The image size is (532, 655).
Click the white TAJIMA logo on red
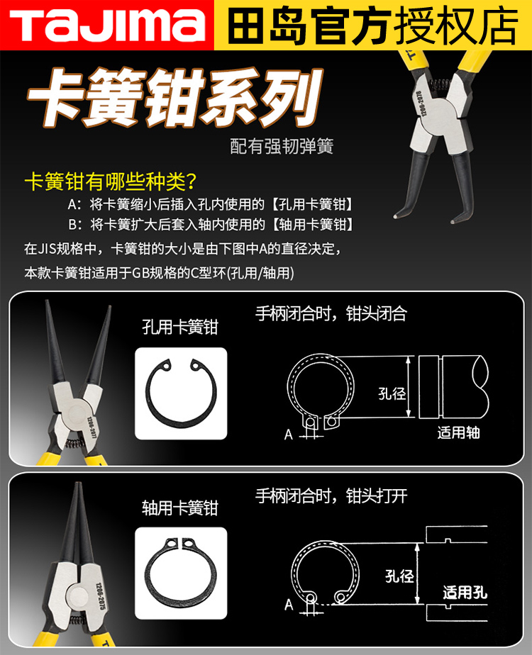point(107,25)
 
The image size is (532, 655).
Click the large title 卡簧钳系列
point(174,97)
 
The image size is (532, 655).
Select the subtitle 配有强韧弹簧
point(282,146)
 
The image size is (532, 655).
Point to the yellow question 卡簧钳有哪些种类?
point(110,181)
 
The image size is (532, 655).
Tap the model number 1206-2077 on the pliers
point(92,427)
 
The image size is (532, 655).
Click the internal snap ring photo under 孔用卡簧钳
point(181,393)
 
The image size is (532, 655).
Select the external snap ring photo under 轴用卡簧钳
point(181,572)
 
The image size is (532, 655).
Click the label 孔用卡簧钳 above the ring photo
point(180,327)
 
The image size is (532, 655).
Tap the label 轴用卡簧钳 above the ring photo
point(180,508)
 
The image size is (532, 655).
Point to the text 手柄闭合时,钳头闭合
point(331,313)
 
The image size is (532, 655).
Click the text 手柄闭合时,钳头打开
point(331,496)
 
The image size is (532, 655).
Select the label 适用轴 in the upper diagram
point(458,432)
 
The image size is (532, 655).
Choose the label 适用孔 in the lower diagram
point(465,593)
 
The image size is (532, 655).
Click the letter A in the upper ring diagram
point(289,435)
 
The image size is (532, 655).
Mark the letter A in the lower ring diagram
point(289,605)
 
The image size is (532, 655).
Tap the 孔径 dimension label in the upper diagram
point(392,393)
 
